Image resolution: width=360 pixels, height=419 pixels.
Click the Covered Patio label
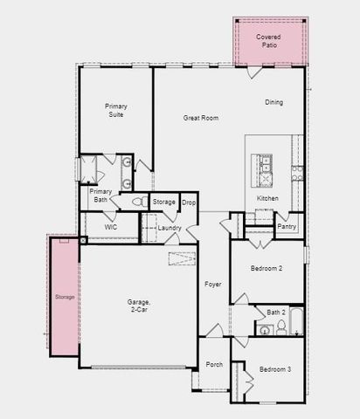(x=267, y=41)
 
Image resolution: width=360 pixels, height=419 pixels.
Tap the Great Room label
(x=201, y=118)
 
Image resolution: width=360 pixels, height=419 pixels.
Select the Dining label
(x=274, y=103)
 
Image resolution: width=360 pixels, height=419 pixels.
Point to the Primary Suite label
(x=116, y=111)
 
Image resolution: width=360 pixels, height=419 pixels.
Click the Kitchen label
(x=267, y=198)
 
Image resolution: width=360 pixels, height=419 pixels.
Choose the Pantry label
(x=287, y=226)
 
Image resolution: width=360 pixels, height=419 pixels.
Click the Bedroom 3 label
(x=276, y=369)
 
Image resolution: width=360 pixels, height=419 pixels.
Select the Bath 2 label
(x=275, y=312)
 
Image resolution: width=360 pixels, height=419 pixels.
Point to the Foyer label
(x=213, y=285)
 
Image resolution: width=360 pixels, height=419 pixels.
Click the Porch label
(x=214, y=364)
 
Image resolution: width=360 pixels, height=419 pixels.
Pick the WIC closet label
(x=110, y=227)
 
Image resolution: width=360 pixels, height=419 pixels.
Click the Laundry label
(x=170, y=228)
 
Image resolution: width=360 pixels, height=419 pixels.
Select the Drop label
(x=189, y=203)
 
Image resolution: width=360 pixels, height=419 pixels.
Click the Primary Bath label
(x=100, y=196)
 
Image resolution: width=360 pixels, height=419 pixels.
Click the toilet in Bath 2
(x=281, y=328)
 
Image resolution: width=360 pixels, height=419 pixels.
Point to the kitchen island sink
(x=262, y=162)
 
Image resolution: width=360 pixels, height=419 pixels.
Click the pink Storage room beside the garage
(x=65, y=297)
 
